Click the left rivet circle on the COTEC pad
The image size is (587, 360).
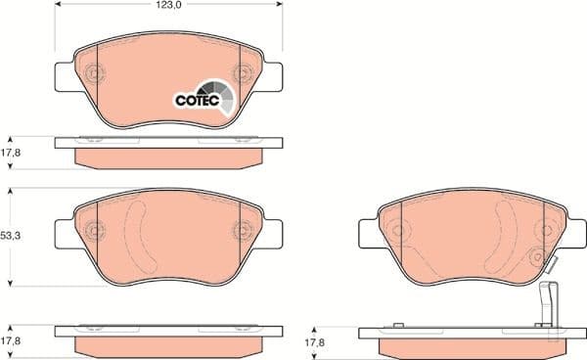[x=95, y=73]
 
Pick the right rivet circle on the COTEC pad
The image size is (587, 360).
[x=242, y=73]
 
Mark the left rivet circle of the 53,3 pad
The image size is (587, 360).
[x=95, y=231]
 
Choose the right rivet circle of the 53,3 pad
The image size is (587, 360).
[x=242, y=231]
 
